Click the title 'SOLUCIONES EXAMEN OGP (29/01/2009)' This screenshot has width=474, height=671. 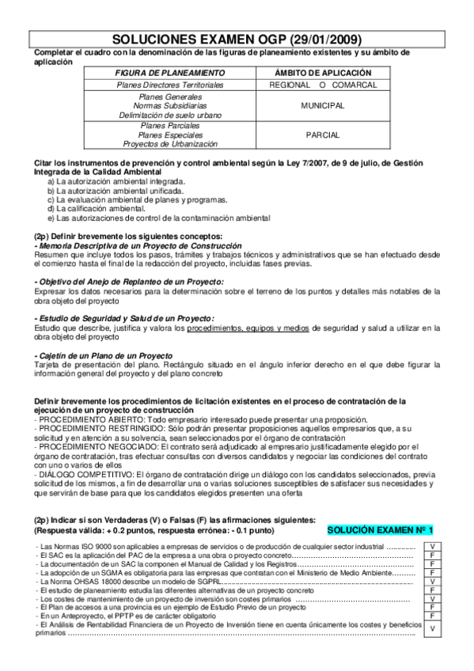[237, 38]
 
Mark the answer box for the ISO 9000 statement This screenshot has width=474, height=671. [433, 547]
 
